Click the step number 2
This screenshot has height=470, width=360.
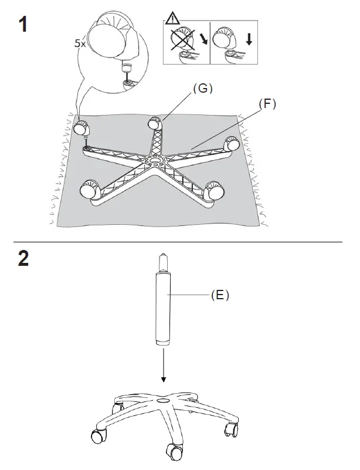(x=23, y=259)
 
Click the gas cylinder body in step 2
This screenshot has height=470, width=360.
(x=163, y=308)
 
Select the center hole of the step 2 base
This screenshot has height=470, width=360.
(x=164, y=401)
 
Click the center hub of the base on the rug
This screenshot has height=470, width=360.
(x=156, y=159)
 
